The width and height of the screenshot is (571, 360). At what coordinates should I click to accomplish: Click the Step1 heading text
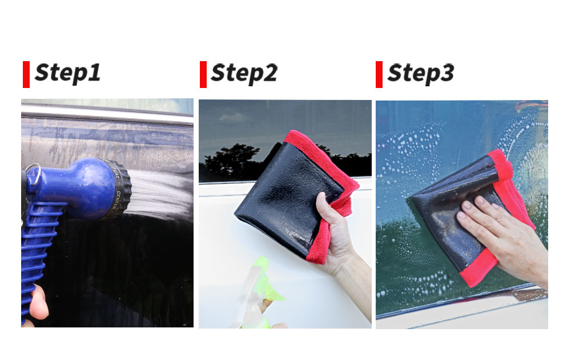(x=68, y=73)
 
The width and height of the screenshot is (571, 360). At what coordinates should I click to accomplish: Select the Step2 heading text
(x=244, y=73)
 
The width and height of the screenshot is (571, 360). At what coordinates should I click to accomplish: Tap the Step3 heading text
(x=421, y=73)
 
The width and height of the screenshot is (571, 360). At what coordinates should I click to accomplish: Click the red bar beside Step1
(x=26, y=74)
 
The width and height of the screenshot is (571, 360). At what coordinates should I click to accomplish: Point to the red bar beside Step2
(x=203, y=74)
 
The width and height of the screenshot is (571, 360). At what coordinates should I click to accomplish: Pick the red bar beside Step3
(x=379, y=74)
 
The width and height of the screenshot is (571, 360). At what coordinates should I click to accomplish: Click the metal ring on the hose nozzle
(x=33, y=174)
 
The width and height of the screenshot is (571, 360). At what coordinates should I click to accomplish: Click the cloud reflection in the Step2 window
(x=232, y=117)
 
